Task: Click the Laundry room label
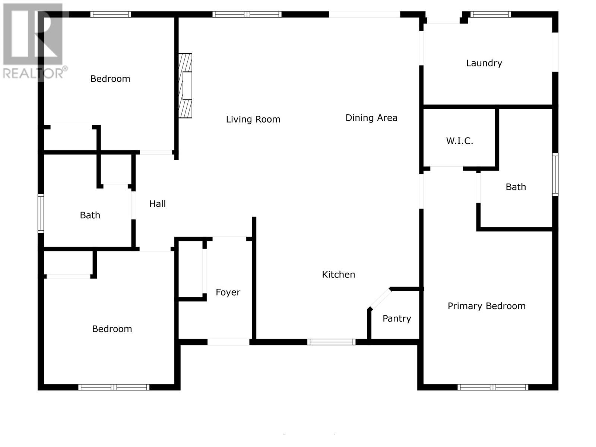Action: point(484,63)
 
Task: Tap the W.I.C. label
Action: point(459,141)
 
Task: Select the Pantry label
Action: point(397,318)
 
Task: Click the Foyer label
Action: point(228,292)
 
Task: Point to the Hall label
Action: point(157,204)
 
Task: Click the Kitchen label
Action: point(338,275)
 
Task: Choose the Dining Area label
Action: point(371,118)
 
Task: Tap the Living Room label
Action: point(253,119)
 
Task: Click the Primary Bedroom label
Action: point(486,306)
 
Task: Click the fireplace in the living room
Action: point(186,86)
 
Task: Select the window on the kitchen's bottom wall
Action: point(331,342)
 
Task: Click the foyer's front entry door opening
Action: point(228,342)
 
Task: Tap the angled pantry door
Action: point(380,299)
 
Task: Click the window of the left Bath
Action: point(41,213)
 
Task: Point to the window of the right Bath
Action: point(555,174)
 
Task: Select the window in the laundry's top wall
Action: point(490,15)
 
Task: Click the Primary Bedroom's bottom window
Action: point(492,387)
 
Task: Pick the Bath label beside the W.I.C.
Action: point(516,187)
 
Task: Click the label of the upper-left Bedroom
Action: point(110,79)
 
